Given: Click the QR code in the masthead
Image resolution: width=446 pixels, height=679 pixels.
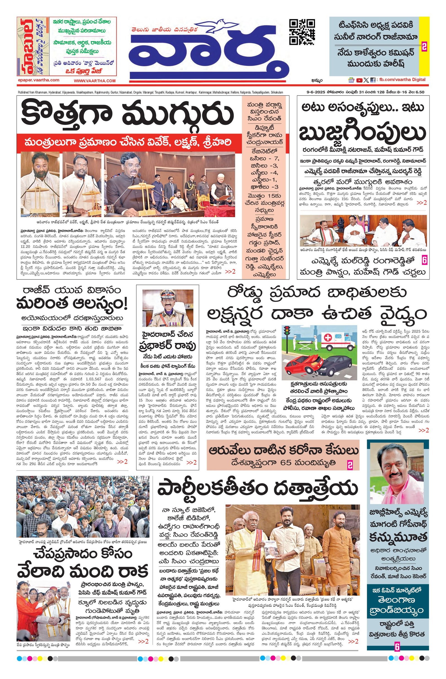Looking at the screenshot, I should (x=302, y=32).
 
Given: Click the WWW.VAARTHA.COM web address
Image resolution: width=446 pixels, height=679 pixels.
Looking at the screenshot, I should (x=95, y=81).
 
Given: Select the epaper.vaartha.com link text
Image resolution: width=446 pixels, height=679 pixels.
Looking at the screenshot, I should (x=38, y=81).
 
